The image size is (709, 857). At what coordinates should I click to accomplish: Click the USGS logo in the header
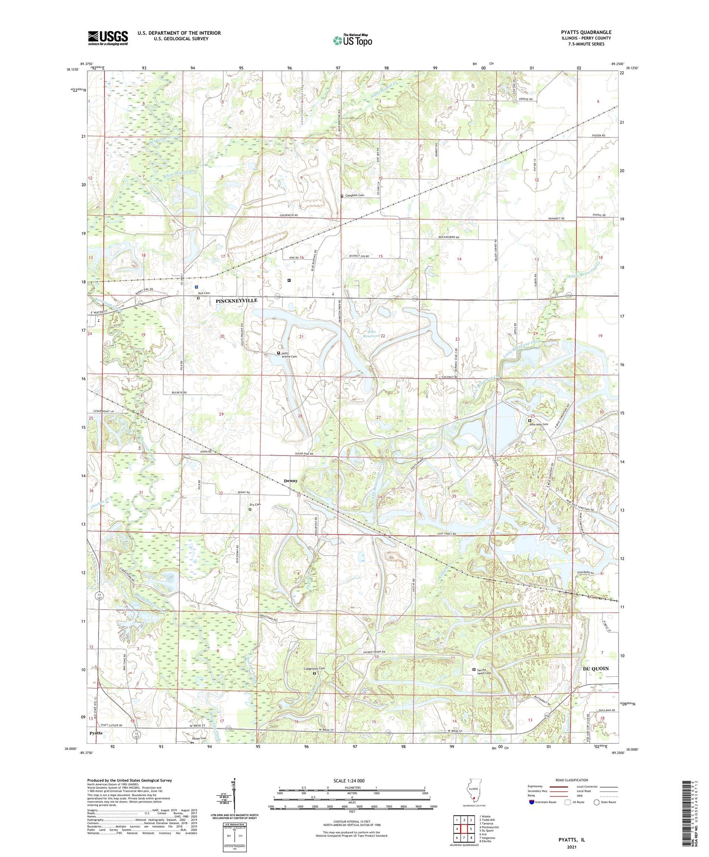(108, 38)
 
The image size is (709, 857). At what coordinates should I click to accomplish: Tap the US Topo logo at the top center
(352, 40)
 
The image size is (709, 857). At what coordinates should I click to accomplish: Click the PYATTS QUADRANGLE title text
(586, 32)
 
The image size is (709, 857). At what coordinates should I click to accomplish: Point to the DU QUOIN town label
(595, 669)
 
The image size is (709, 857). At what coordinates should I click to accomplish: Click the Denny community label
(290, 481)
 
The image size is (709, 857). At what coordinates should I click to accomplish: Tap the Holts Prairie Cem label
(289, 354)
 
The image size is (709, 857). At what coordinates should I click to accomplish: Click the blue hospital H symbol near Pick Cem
(196, 287)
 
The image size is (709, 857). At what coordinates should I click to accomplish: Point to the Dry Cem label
(255, 505)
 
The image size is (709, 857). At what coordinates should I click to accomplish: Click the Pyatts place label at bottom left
(96, 733)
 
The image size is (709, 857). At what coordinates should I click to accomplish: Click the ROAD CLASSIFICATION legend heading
(572, 780)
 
